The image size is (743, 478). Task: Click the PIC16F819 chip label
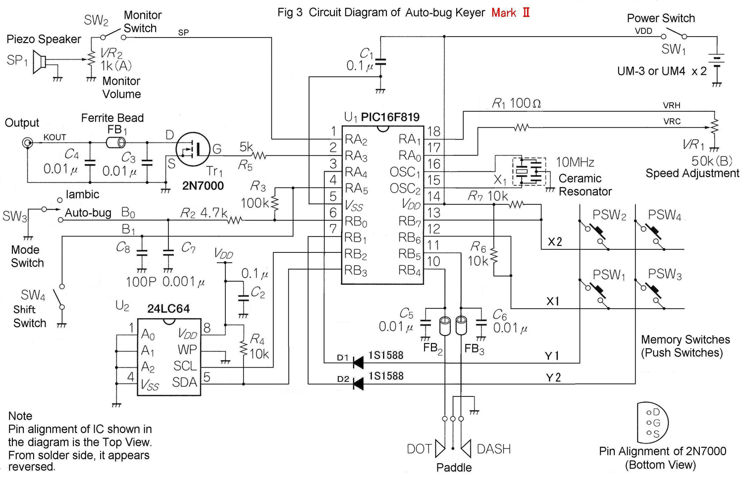point(390,117)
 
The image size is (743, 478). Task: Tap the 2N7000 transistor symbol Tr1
point(193,149)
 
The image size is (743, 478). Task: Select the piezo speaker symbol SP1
point(39,62)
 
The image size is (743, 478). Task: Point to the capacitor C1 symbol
point(380,63)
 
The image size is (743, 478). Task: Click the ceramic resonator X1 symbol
point(529,171)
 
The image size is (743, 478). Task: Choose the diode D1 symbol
point(358,363)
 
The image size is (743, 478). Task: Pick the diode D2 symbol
point(358,383)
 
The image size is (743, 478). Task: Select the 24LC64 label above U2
point(168,309)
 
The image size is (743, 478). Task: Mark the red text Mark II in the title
point(511,13)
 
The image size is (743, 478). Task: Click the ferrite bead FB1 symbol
point(116,143)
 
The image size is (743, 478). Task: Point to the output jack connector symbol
point(27,143)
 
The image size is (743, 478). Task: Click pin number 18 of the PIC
point(433,132)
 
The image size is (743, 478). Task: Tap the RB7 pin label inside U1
point(409,221)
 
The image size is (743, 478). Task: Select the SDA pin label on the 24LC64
point(184,382)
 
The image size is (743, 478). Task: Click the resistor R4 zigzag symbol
point(243,348)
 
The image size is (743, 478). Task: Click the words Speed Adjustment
point(692,173)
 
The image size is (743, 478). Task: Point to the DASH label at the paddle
point(493,449)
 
